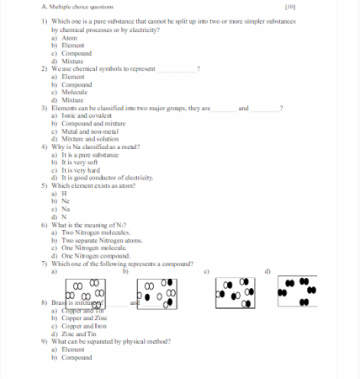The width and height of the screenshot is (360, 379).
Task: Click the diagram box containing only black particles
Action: [x=296, y=289]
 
